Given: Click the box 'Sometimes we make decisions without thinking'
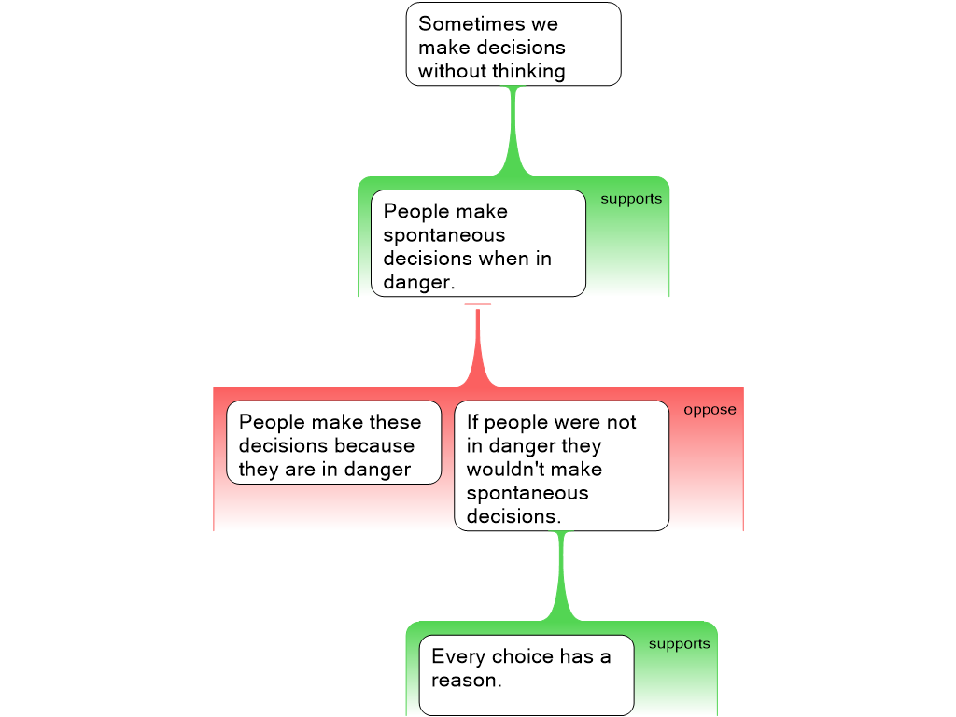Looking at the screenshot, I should tap(513, 44).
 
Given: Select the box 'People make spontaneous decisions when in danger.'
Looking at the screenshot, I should tap(478, 243).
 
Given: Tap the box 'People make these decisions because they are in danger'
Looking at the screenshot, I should tap(333, 443).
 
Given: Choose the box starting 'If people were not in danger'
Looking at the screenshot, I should tap(562, 465).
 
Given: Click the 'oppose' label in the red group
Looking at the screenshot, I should tap(710, 410).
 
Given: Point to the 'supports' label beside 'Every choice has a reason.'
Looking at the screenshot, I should tap(679, 644).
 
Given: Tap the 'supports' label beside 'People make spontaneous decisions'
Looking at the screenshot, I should tap(631, 199).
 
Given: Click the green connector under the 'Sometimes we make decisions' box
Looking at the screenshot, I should tap(513, 131).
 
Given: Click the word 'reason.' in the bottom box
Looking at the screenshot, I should tap(467, 681).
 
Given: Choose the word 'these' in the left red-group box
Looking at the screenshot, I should tap(394, 422).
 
